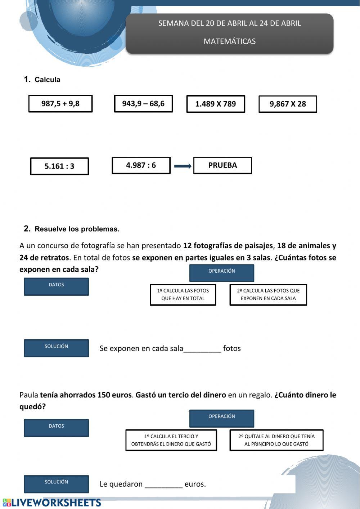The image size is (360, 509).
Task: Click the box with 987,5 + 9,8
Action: pos(60,104)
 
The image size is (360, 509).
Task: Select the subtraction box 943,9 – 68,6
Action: pos(143,104)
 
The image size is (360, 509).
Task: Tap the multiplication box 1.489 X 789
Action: pos(216,104)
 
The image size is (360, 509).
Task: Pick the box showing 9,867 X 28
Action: pos(288,104)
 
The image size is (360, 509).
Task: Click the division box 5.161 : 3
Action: pos(59,166)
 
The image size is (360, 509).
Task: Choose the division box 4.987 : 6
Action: pos(141,165)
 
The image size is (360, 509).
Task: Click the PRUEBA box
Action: pos(222,165)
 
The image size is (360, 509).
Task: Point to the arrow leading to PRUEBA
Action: pos(183,166)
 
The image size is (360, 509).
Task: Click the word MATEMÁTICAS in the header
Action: pos(229,41)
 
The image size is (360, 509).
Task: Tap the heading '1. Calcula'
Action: pos(42,80)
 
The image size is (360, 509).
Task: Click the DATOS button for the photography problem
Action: pos(56,287)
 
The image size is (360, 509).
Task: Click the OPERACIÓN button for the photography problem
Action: pos(221,273)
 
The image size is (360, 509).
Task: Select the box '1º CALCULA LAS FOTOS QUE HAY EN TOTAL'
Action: pos(183,295)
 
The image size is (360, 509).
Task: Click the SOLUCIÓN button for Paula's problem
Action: pos(56,484)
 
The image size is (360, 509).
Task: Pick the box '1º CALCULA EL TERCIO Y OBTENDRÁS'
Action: pos(171,440)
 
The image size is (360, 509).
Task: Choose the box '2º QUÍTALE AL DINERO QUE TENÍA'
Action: pos(276,440)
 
